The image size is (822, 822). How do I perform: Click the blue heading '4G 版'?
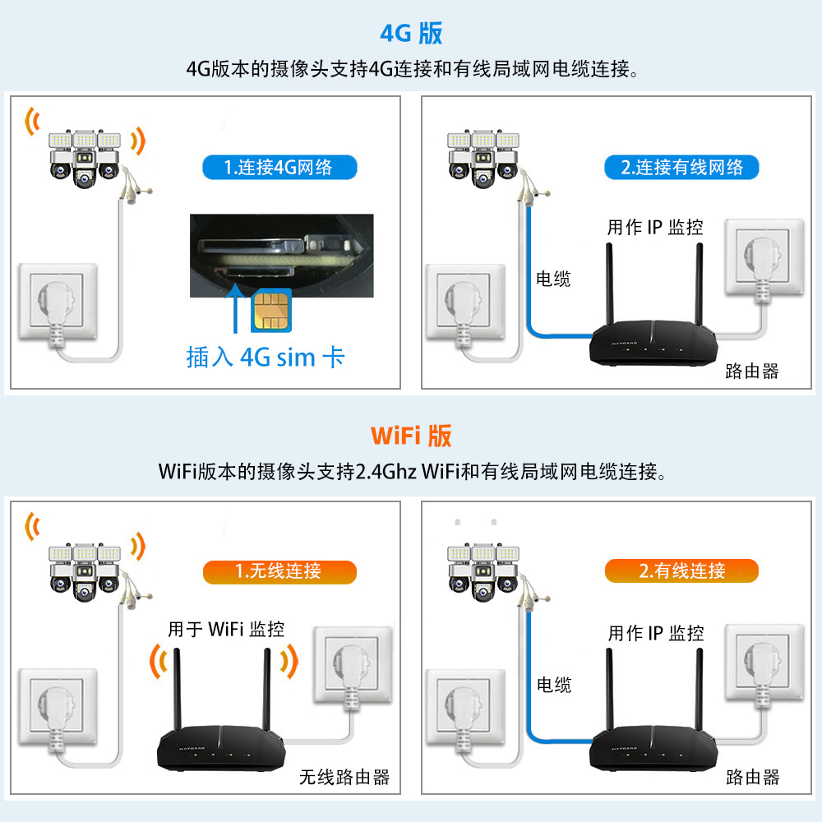[x=411, y=33]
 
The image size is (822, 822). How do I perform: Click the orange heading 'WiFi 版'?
[x=411, y=435]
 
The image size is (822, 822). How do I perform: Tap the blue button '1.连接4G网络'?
[x=279, y=168]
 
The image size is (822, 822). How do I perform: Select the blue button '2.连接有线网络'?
[x=681, y=168]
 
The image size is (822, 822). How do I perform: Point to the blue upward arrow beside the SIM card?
[x=237, y=307]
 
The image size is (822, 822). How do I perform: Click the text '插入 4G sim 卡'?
[x=265, y=358]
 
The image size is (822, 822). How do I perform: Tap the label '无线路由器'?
[x=344, y=777]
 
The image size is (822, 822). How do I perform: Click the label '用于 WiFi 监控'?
[x=226, y=630]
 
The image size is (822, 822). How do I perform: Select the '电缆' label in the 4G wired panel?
[x=553, y=279]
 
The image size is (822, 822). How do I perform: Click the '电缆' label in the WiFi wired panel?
[x=554, y=685]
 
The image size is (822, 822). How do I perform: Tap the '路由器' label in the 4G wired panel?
[x=751, y=372]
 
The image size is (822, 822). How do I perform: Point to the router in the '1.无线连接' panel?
[x=221, y=744]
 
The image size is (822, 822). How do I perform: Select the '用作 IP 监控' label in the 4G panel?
[x=655, y=228]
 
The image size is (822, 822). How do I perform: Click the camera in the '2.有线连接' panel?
[x=485, y=567]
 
